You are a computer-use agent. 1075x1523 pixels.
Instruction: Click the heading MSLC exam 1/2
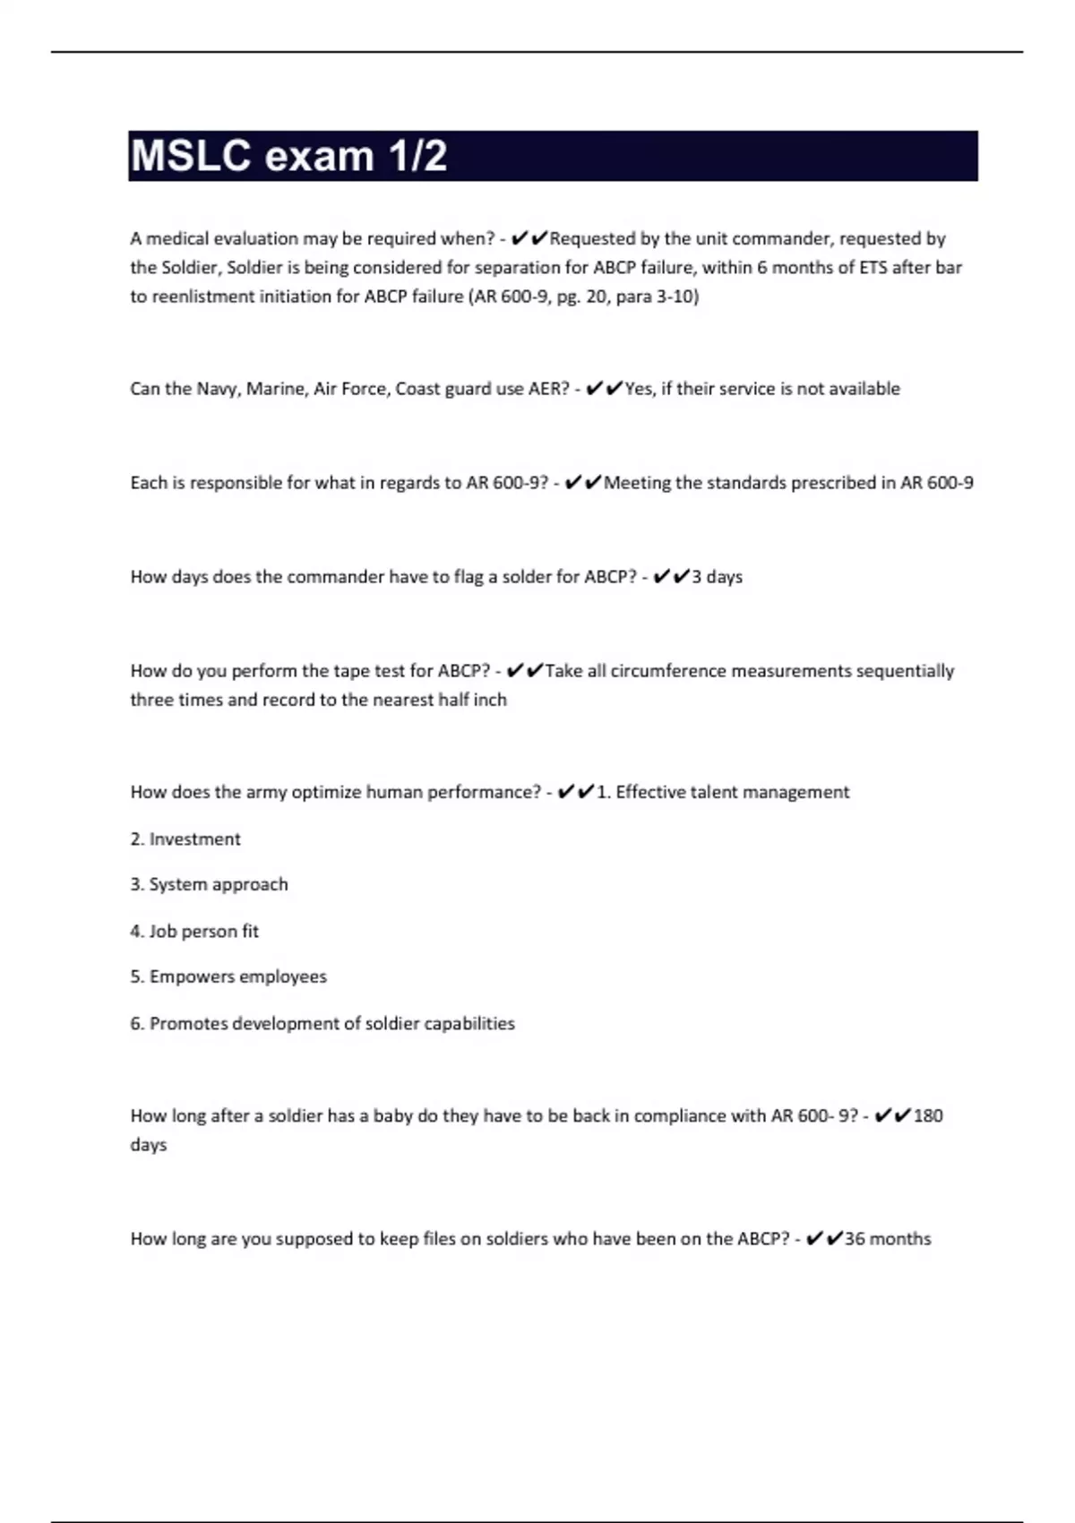pos(288,156)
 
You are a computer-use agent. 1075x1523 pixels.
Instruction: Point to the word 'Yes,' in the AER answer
pos(640,389)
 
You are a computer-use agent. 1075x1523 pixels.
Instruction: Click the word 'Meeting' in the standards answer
pos(637,483)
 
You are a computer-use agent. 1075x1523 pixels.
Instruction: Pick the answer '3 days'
pos(717,577)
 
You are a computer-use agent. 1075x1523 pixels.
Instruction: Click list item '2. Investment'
pos(185,839)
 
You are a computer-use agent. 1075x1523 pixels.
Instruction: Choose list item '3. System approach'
pos(209,884)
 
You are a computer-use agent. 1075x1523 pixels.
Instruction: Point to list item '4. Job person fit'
pos(194,931)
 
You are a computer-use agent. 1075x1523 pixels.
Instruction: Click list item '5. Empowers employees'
pos(228,977)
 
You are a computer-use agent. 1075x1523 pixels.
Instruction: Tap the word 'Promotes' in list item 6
pos(188,1023)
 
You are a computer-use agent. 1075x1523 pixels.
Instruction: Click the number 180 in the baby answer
pos(928,1116)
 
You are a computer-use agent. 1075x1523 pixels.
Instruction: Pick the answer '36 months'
pos(888,1239)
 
